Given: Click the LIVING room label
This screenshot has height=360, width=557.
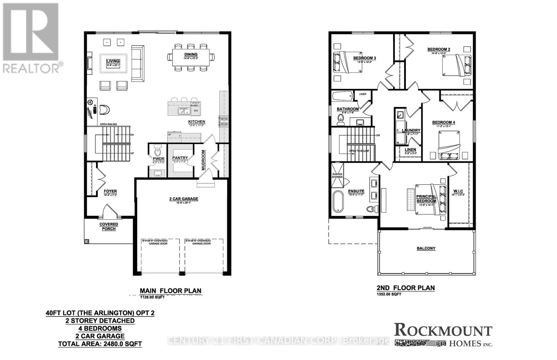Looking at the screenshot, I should point(113,61).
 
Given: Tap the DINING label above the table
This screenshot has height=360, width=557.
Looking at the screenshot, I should point(191,54).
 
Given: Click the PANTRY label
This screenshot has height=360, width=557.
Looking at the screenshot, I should point(180,158).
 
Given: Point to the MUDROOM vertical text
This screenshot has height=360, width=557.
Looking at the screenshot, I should point(203,160).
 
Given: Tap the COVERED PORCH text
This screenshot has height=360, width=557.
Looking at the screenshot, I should point(109,226).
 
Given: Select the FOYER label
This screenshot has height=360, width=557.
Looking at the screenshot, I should point(110,191).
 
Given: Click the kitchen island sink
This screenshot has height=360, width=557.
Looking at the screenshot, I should point(183,111).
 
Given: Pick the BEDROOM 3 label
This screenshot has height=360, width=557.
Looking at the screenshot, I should point(364,58).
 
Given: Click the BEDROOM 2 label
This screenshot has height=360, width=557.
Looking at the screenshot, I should point(439,49).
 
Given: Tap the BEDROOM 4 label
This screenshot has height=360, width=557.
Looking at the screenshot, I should point(444,122).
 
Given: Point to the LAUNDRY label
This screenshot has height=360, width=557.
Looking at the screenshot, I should point(411,130).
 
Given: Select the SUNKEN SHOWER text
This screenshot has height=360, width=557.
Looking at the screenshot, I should point(337,175).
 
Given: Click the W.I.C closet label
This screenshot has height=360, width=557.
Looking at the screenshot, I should point(458,191).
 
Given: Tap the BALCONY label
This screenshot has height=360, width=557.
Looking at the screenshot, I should point(426,248).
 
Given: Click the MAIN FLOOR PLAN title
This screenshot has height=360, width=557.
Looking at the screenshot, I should point(170,291).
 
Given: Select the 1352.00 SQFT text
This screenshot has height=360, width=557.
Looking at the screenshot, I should point(389,294).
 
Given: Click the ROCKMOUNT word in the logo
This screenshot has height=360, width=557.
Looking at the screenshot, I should point(443,330).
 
